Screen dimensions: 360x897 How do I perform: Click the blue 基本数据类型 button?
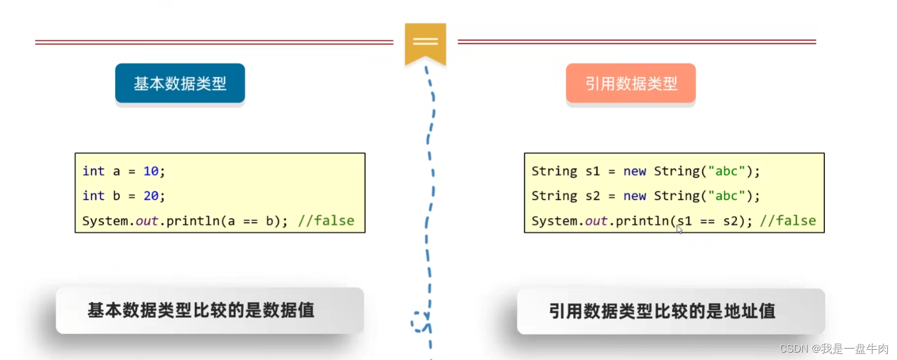pyautogui.click(x=180, y=83)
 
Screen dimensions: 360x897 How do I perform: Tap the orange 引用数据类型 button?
pyautogui.click(x=631, y=83)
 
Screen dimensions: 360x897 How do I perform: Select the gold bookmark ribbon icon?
pyautogui.click(x=425, y=43)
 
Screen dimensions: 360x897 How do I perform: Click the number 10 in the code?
pyautogui.click(x=151, y=171)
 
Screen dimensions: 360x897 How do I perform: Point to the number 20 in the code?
pyautogui.click(x=151, y=196)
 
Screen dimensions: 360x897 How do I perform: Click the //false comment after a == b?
pyautogui.click(x=326, y=220)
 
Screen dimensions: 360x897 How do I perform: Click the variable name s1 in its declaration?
pyautogui.click(x=593, y=171)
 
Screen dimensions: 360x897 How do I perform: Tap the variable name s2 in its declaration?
pyautogui.click(x=593, y=196)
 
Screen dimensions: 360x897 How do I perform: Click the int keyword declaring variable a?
pyautogui.click(x=93, y=171)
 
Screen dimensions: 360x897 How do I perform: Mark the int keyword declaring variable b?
pyautogui.click(x=93, y=196)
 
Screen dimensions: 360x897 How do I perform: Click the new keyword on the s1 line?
pyautogui.click(x=635, y=171)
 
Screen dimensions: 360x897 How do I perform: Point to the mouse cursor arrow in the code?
pyautogui.click(x=679, y=229)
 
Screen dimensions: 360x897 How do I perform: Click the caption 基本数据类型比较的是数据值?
pyautogui.click(x=201, y=310)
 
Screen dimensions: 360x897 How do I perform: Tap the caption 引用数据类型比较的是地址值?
pyautogui.click(x=662, y=311)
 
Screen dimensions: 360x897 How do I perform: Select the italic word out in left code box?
pyautogui.click(x=147, y=220)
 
